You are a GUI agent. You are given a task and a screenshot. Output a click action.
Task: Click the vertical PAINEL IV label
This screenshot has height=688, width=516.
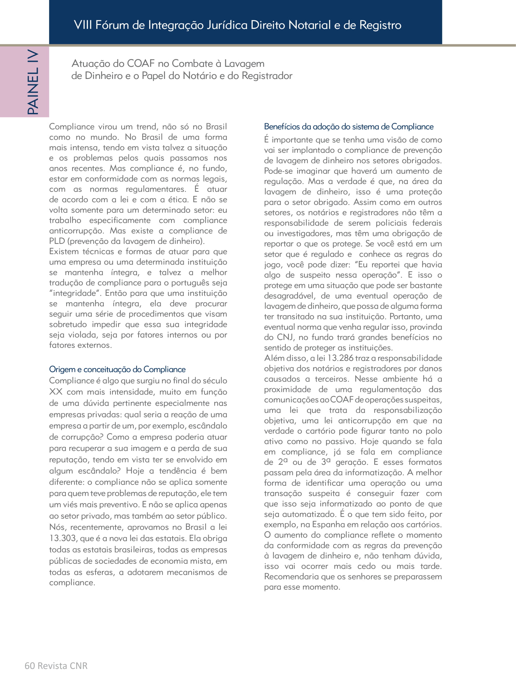coord(33,82)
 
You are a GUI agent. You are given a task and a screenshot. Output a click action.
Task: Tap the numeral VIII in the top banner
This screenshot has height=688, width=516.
coord(83,25)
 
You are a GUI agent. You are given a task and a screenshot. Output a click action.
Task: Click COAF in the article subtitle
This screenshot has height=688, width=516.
coord(141,64)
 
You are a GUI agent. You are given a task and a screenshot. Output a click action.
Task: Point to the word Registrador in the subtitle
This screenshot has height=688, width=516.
coord(267,76)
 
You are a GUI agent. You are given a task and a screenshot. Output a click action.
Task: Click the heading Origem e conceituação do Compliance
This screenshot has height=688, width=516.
coord(117,369)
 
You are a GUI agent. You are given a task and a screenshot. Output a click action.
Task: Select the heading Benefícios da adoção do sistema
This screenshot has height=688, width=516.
coord(348,127)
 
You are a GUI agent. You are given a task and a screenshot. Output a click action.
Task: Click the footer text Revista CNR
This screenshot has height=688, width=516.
coord(62,666)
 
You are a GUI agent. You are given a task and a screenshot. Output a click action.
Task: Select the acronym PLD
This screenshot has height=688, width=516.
coord(56,241)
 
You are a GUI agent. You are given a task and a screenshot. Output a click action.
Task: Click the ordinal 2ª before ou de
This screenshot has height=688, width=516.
coord(282,462)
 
